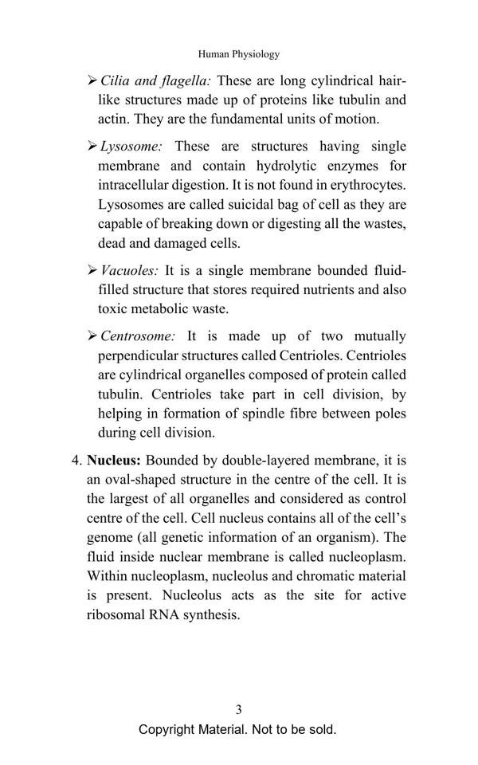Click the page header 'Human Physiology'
pos(239,54)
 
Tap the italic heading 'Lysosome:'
pos(131,147)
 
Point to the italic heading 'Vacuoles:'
pos(130,271)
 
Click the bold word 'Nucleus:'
pos(114,461)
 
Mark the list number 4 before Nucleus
pos(76,461)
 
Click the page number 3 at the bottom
pos(239,709)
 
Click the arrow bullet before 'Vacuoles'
pos(92,271)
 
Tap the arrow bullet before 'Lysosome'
pos(92,147)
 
